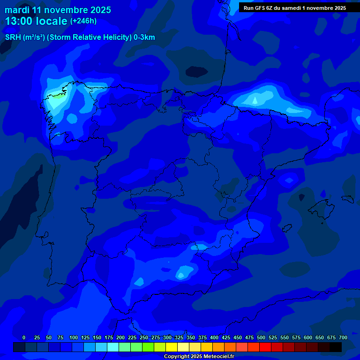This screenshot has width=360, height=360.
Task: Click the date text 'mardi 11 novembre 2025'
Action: pos(58,10)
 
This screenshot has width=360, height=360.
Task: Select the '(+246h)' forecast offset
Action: pos(83,21)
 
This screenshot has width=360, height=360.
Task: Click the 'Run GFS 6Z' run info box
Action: pos(294,7)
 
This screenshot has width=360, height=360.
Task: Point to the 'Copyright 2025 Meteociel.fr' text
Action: pos(199,356)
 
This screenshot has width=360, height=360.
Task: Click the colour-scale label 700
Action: pos(343,337)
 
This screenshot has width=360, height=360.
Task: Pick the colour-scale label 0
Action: pos(24,337)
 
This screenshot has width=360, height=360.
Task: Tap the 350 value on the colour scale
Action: pos(191,337)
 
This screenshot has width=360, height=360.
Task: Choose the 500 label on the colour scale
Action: pos(261,337)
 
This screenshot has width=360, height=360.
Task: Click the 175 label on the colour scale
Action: pos(109,337)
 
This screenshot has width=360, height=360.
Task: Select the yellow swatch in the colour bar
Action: pos(172,347)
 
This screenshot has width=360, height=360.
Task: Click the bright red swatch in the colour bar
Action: pos(265,347)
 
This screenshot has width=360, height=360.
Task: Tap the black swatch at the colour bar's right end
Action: pos(336,347)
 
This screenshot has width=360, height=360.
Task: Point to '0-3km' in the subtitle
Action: pos(144,37)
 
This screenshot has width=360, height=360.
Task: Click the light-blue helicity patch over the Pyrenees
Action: pos(255,100)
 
